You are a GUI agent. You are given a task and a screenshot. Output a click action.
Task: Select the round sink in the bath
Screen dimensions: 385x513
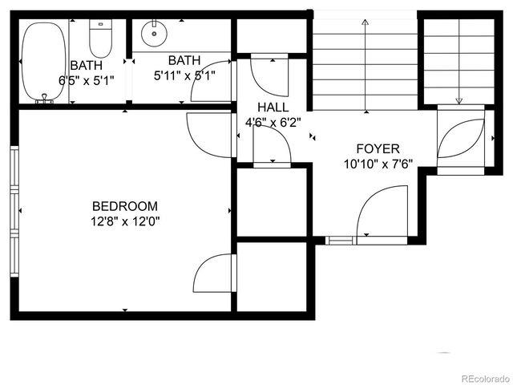pos(152,34)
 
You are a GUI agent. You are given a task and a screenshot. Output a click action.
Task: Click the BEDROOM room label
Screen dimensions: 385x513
pos(124,206)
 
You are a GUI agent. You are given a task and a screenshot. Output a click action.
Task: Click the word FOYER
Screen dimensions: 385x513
pos(378,148)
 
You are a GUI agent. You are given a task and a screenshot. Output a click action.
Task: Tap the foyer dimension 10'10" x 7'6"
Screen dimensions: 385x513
pos(378,163)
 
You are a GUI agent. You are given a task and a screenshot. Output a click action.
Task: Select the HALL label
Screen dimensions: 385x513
pos(273,107)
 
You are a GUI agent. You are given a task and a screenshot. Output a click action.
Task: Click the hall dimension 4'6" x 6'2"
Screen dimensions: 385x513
pos(273,122)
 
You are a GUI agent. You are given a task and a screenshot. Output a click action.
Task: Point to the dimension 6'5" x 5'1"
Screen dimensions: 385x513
pos(87,80)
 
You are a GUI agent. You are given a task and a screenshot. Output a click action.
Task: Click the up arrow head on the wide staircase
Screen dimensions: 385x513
pos(366,22)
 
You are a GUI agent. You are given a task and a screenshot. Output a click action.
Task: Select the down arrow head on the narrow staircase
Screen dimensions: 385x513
pos(459,100)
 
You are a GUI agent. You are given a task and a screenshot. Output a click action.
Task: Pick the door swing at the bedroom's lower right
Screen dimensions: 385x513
pos(214,273)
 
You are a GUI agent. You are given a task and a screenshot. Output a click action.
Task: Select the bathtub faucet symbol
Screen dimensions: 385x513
pos(45,99)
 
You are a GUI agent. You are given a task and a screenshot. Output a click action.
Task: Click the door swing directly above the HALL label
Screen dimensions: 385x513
pos(270,77)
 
